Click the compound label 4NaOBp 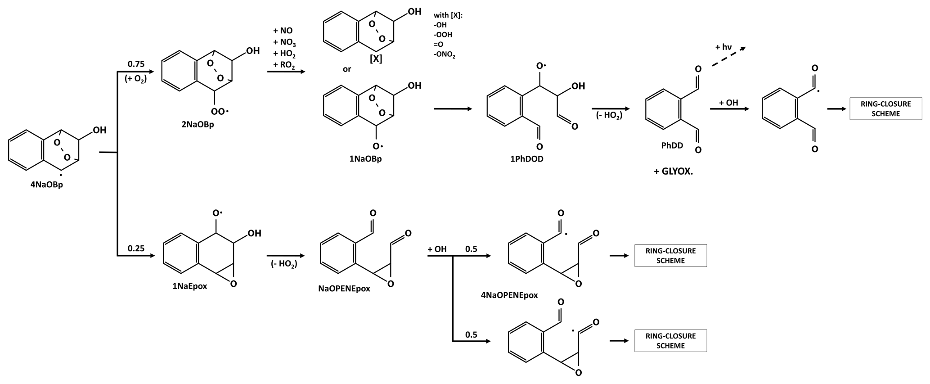point(47,185)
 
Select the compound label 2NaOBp point(198,125)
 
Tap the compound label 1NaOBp point(365,159)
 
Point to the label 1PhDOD point(527,159)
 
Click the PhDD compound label point(672,145)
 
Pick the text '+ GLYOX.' point(673,172)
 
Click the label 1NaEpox point(189,286)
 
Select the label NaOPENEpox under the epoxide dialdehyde point(344,289)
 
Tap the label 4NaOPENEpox point(509,295)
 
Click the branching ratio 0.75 point(136,64)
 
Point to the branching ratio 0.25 point(136,248)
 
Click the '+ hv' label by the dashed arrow point(723,47)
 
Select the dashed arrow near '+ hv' point(729,57)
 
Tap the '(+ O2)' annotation point(136,79)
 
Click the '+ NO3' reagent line point(284,43)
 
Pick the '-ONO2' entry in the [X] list point(445,55)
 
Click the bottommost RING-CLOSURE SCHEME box point(670,341)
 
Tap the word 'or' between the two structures point(346,69)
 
